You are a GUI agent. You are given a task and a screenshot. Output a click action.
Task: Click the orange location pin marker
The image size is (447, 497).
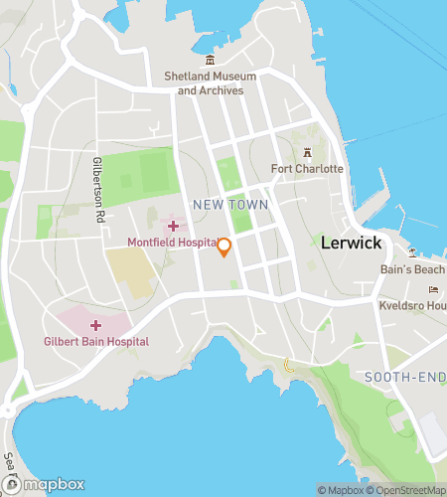coord(224,248)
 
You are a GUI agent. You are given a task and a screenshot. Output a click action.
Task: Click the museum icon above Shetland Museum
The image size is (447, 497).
coord(210,62)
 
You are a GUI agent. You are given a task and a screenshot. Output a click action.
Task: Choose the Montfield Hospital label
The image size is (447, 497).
coord(173,243)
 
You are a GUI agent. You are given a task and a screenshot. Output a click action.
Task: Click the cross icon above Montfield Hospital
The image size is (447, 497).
coord(173,227)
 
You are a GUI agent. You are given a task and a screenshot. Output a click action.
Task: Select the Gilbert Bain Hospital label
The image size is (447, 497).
coord(97,341)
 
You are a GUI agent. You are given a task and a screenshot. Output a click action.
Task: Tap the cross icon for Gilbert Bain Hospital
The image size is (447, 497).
coord(95,325)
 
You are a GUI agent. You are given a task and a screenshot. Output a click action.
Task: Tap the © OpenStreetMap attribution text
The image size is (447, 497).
coord(407,490)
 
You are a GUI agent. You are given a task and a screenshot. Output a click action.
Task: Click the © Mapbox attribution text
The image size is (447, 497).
coord(342,490)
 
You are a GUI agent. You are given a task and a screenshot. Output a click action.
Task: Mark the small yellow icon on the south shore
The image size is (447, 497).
coord(289,365)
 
